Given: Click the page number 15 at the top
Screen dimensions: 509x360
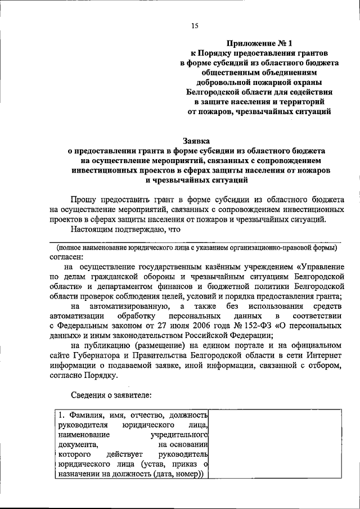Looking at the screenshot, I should coord(195,25).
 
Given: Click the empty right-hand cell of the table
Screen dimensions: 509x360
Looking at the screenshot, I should coord(276,444).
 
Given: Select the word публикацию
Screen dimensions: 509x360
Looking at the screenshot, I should coord(111,344).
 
